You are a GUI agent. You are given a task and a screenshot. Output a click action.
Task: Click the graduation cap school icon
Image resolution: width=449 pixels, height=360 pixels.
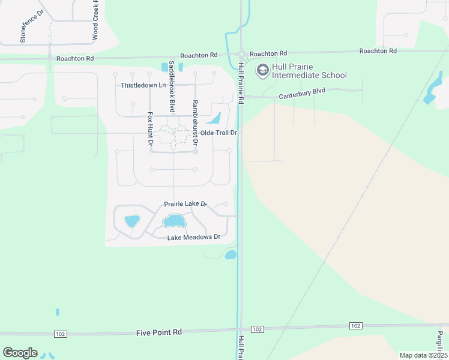pyautogui.click(x=262, y=71)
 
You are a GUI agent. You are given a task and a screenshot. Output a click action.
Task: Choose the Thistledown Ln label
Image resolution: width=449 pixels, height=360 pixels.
pyautogui.click(x=143, y=85)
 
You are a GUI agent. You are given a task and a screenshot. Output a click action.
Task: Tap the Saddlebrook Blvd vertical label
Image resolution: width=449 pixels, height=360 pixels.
pyautogui.click(x=172, y=86)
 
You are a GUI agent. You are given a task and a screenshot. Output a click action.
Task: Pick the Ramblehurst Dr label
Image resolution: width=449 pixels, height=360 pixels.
pyautogui.click(x=194, y=124)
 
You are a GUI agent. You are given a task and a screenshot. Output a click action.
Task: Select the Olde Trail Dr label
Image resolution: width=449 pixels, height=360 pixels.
pyautogui.click(x=218, y=132)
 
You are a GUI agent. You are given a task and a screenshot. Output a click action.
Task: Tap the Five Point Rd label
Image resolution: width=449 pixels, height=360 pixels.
pyautogui.click(x=158, y=332)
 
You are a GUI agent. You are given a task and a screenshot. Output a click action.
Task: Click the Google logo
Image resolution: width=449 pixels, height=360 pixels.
pyautogui.click(x=20, y=353)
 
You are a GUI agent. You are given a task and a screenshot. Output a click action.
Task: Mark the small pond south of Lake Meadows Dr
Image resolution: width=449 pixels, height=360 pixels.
pyautogui.click(x=231, y=255)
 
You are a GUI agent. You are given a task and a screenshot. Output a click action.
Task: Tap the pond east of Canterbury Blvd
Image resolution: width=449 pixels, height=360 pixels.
pyautogui.click(x=430, y=92)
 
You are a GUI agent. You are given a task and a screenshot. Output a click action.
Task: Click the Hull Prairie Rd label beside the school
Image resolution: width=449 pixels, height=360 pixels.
pyautogui.click(x=240, y=84)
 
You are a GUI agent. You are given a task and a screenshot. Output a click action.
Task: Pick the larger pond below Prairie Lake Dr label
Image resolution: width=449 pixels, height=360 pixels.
pyautogui.click(x=174, y=221)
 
